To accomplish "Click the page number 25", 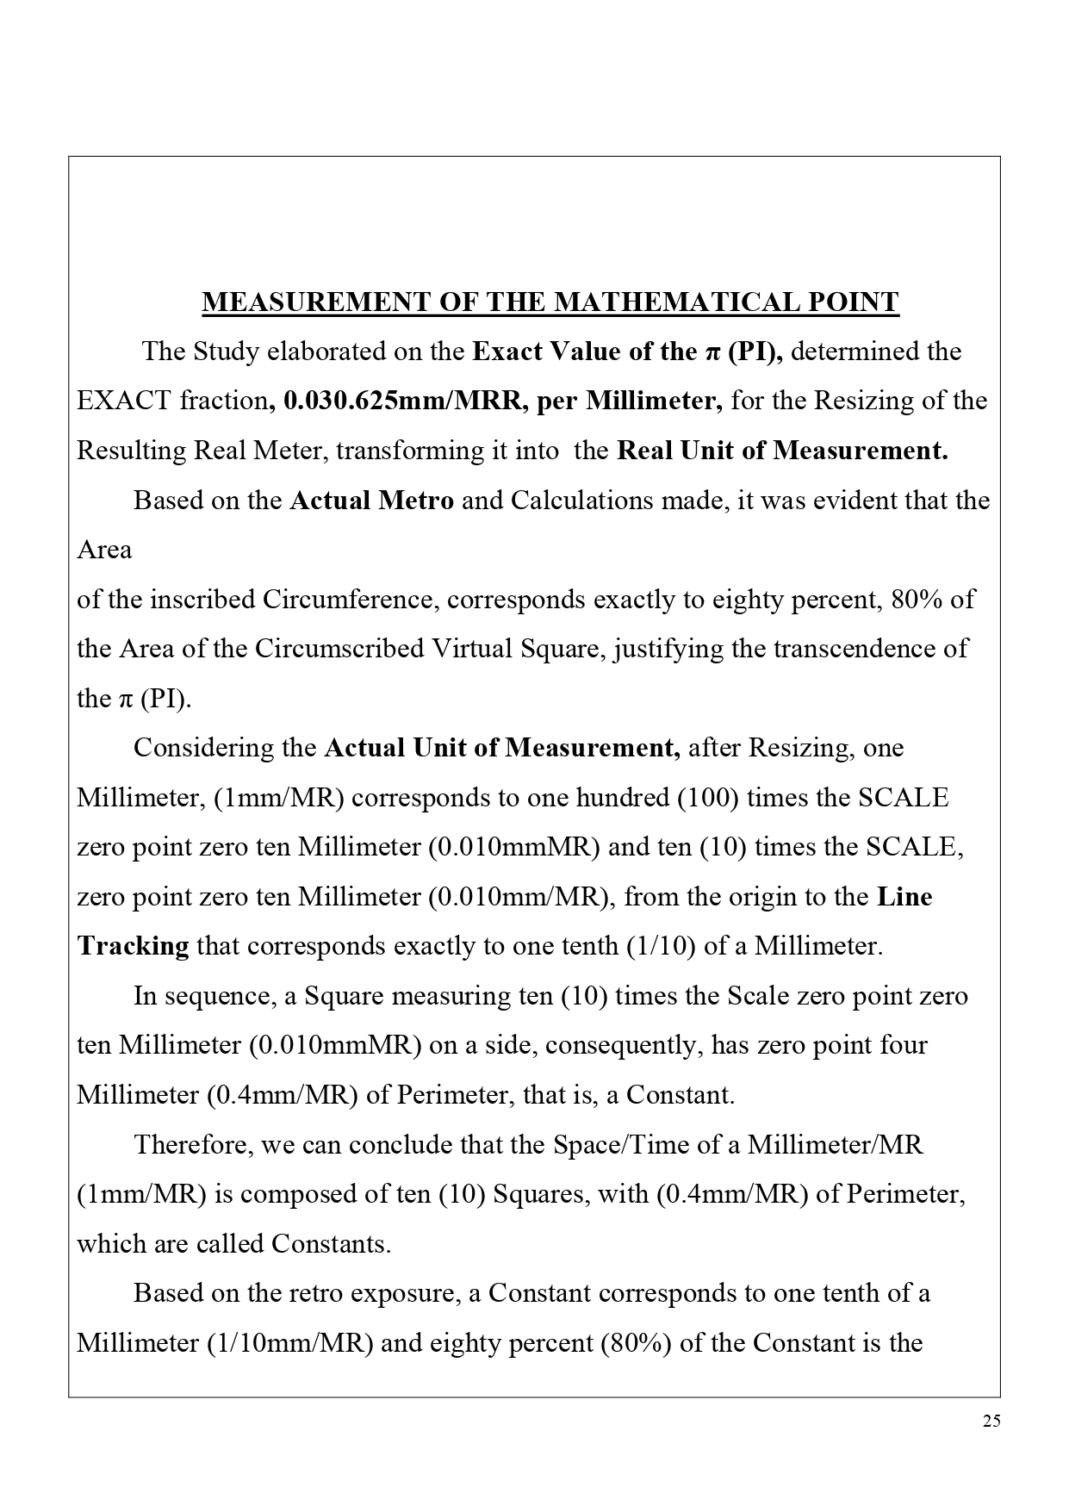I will [x=991, y=1422].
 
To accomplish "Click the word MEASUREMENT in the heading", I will [x=315, y=302].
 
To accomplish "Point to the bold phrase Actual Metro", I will [x=372, y=501].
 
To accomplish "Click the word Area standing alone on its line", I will [x=104, y=550].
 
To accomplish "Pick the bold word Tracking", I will [x=134, y=947].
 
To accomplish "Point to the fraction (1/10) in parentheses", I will [x=659, y=947].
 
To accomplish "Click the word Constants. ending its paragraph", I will [x=331, y=1244].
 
